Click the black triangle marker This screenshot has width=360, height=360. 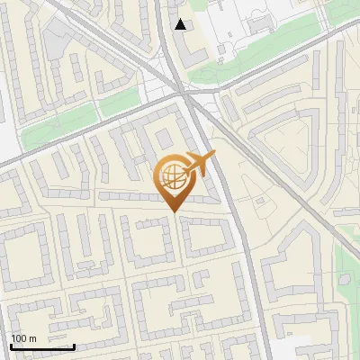[x=181, y=24]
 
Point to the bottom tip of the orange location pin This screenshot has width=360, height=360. [x=173, y=211]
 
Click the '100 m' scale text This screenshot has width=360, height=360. [x=24, y=338]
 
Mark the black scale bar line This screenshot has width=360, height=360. [x=42, y=346]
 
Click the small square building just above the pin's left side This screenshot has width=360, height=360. [x=164, y=139]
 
